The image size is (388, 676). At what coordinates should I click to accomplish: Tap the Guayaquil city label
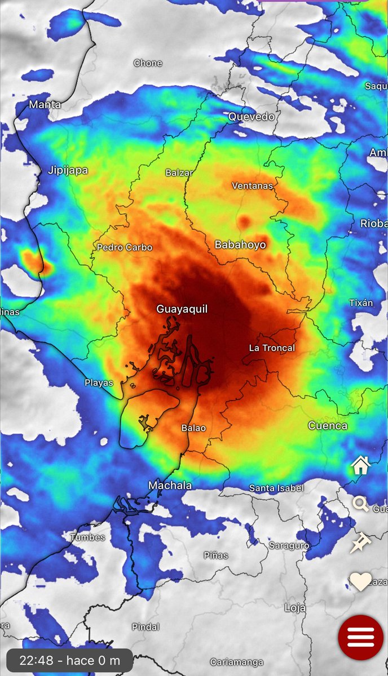tap(182, 309)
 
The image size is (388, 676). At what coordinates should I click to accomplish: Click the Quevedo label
tap(252, 117)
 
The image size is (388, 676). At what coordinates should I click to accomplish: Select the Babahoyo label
tap(240, 244)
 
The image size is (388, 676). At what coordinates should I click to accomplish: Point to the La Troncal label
tap(272, 348)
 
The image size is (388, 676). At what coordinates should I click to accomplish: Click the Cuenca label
tap(328, 425)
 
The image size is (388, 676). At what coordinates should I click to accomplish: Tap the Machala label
tap(170, 485)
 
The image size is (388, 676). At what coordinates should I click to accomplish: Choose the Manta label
tap(45, 104)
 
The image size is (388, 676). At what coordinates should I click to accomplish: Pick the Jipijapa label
tap(68, 170)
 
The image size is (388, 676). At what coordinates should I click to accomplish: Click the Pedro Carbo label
tap(125, 247)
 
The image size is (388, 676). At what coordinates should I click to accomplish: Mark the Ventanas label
tap(252, 185)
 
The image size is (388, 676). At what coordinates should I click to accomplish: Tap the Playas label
tap(99, 383)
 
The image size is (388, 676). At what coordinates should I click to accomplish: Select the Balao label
tap(193, 428)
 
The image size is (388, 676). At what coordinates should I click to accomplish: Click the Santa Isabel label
tap(276, 488)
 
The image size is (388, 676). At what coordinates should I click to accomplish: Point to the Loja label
tap(296, 608)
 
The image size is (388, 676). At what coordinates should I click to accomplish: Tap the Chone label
tap(148, 63)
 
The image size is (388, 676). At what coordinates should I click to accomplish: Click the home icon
tap(360, 465)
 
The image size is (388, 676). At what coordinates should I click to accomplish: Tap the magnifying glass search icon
tap(361, 504)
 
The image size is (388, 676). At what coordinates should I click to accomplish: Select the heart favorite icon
tap(360, 581)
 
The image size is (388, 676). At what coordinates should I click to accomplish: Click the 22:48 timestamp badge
tap(69, 660)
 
